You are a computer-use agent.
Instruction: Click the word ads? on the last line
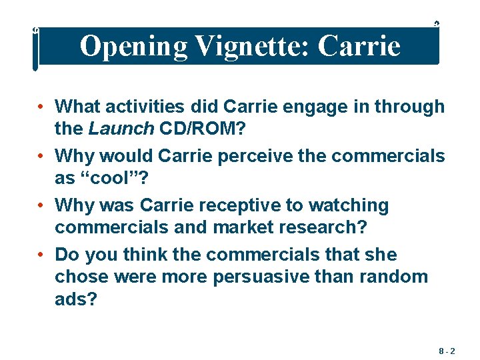click(x=75, y=299)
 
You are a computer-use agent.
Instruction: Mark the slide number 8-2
click(x=447, y=349)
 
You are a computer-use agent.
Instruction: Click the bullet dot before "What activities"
click(x=41, y=107)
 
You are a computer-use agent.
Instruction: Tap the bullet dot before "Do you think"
click(x=41, y=255)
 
